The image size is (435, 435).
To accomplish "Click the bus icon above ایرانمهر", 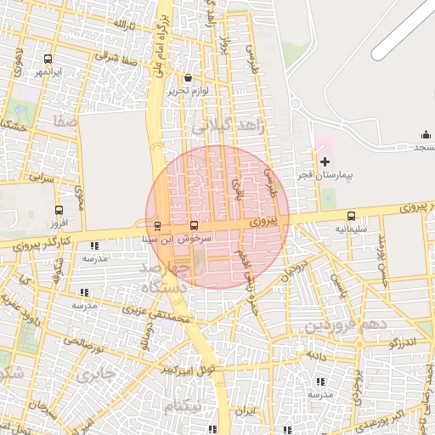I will (x=48, y=59).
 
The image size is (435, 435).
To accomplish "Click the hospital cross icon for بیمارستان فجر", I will (x=325, y=161).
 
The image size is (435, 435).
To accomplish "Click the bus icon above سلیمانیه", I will (x=352, y=216).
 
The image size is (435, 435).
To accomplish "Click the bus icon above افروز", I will (x=59, y=209).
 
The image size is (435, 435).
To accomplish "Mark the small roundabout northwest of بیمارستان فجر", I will (x=297, y=105).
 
